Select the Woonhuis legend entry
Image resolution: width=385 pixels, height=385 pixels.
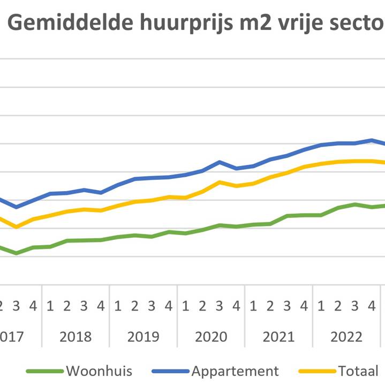pos(100,371)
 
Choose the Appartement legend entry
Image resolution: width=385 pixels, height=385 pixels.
pos(236,371)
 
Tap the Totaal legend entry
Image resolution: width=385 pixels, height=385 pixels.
pos(358,371)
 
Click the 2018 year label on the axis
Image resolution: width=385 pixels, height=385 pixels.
pos(76,337)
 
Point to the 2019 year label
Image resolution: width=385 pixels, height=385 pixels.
pos(143,337)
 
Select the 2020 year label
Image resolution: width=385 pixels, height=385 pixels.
pos(211,337)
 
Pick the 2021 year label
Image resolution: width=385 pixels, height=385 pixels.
pos(278,337)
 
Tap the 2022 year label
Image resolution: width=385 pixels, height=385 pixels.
pos(346,337)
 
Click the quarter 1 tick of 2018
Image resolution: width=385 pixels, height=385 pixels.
pos(50,306)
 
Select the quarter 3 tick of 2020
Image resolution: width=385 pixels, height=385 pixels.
pos(220,306)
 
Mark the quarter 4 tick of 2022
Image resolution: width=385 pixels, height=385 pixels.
pos(372,306)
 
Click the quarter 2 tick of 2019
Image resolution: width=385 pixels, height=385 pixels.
pos(134,306)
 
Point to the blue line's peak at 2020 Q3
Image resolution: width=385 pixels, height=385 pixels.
pos(220,162)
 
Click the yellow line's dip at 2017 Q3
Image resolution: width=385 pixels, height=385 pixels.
pos(17,227)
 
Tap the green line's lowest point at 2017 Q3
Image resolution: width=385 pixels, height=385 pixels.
pos(17,253)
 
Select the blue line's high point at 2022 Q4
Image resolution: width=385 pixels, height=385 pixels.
pos(372,140)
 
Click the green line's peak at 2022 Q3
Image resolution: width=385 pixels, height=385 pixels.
pos(354,204)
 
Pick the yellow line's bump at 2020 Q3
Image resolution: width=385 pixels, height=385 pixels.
pos(220,182)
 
